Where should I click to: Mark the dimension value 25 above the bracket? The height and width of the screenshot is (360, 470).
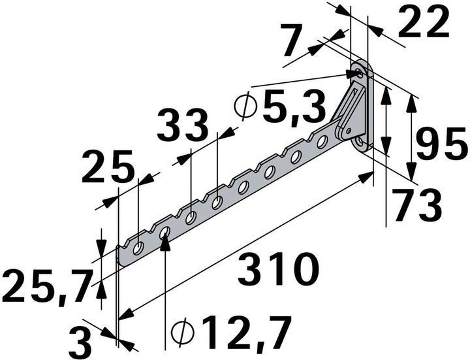108,168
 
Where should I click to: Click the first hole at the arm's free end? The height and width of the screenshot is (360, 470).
138,248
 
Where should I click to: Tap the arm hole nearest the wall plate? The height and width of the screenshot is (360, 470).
322,141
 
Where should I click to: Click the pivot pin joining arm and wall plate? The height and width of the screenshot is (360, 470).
339,133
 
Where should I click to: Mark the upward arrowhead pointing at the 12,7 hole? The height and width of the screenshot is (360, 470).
164,240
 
